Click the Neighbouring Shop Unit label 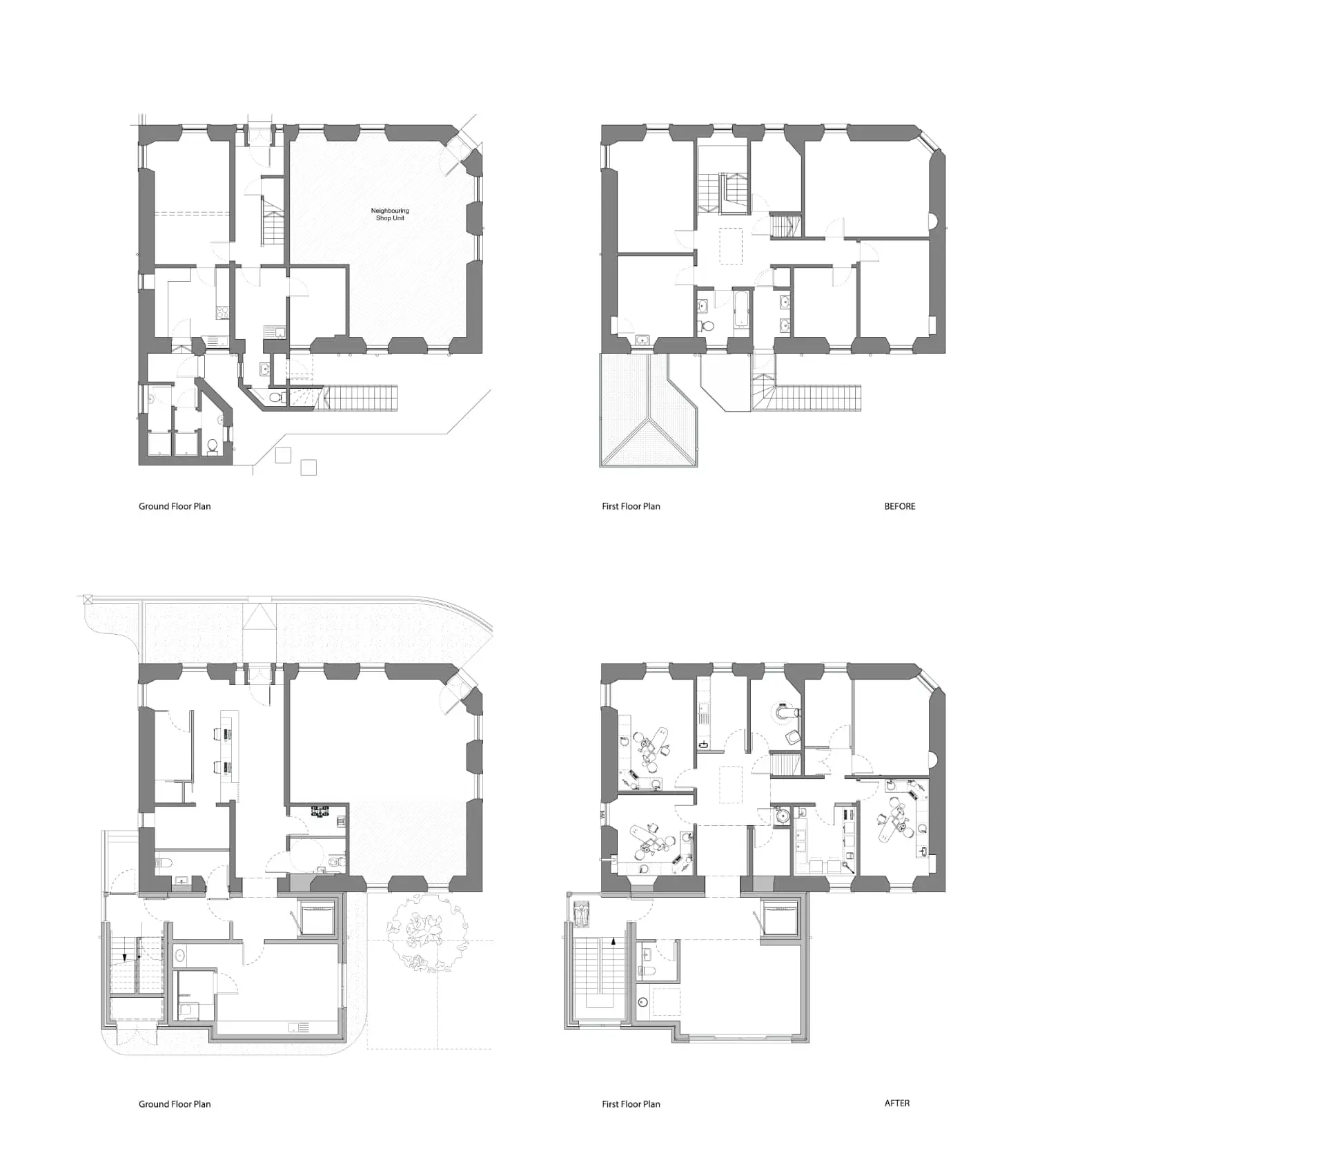click(x=390, y=214)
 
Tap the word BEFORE click(x=900, y=506)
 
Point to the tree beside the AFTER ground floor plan click(x=427, y=932)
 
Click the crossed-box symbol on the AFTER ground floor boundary click(x=88, y=599)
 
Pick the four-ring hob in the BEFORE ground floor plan click(x=222, y=311)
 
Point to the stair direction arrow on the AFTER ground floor click(x=124, y=957)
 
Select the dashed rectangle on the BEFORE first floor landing click(x=731, y=246)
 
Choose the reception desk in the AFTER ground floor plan click(x=229, y=755)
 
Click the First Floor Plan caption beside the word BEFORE click(x=631, y=506)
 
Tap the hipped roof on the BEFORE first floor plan click(x=648, y=410)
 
